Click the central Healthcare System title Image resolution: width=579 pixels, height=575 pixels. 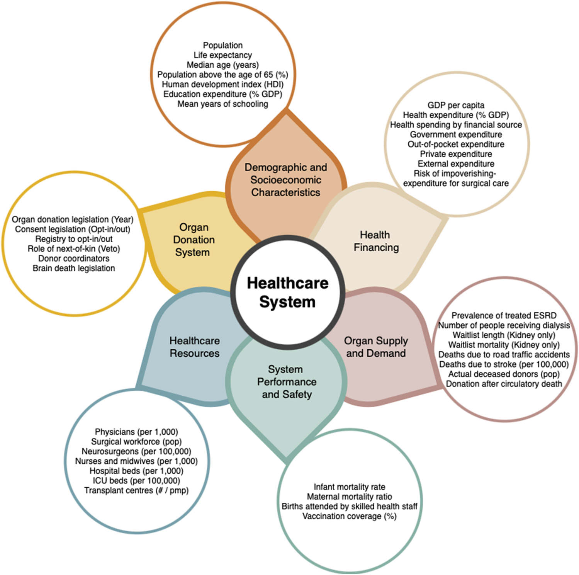[288, 292]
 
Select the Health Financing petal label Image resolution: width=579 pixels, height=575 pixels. [376, 241]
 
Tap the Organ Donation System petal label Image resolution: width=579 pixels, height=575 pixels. [193, 240]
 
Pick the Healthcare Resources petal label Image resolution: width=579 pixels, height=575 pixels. [195, 347]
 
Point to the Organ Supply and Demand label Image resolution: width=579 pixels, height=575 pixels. [376, 347]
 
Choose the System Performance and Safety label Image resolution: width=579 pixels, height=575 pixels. [287, 382]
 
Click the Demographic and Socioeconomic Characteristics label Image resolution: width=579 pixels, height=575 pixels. [286, 180]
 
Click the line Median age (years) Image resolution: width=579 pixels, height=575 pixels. [223, 65]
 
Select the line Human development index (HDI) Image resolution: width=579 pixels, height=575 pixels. [223, 84]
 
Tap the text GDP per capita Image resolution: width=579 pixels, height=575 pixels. [456, 105]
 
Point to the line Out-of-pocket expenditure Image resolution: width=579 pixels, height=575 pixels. [456, 144]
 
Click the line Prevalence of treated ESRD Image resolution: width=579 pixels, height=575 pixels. [504, 316]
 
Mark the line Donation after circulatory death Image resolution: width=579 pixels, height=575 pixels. [504, 384]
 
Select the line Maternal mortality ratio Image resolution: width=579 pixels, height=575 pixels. [350, 497]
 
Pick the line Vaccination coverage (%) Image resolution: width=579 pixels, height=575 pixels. [350, 516]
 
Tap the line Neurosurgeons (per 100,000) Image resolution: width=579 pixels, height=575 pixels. [136, 451]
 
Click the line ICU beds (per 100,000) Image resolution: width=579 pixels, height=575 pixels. [136, 481]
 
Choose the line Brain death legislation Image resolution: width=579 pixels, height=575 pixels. [74, 268]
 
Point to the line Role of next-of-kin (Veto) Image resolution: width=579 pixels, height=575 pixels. [74, 249]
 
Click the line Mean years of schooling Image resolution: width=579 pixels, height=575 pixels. [223, 104]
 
